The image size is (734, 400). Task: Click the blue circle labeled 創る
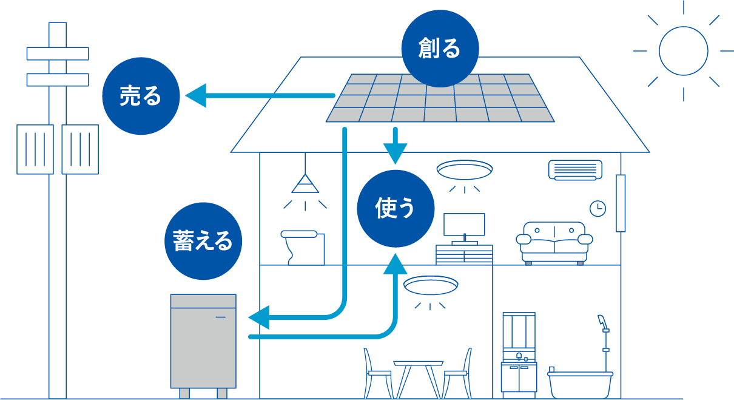click(x=440, y=49)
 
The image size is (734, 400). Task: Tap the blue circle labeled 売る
click(x=141, y=96)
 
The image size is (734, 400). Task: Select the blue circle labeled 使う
click(x=396, y=209)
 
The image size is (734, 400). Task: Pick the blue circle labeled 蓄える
click(x=203, y=241)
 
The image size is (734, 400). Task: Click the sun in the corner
click(x=683, y=51)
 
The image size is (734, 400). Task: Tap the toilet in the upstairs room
click(x=303, y=246)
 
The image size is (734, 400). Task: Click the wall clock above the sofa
click(x=598, y=208)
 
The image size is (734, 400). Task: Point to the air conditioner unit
click(x=575, y=170)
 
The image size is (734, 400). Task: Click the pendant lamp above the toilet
click(x=305, y=183)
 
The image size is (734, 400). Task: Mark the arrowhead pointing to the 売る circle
click(x=195, y=96)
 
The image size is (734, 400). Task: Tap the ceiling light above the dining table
click(x=430, y=285)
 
